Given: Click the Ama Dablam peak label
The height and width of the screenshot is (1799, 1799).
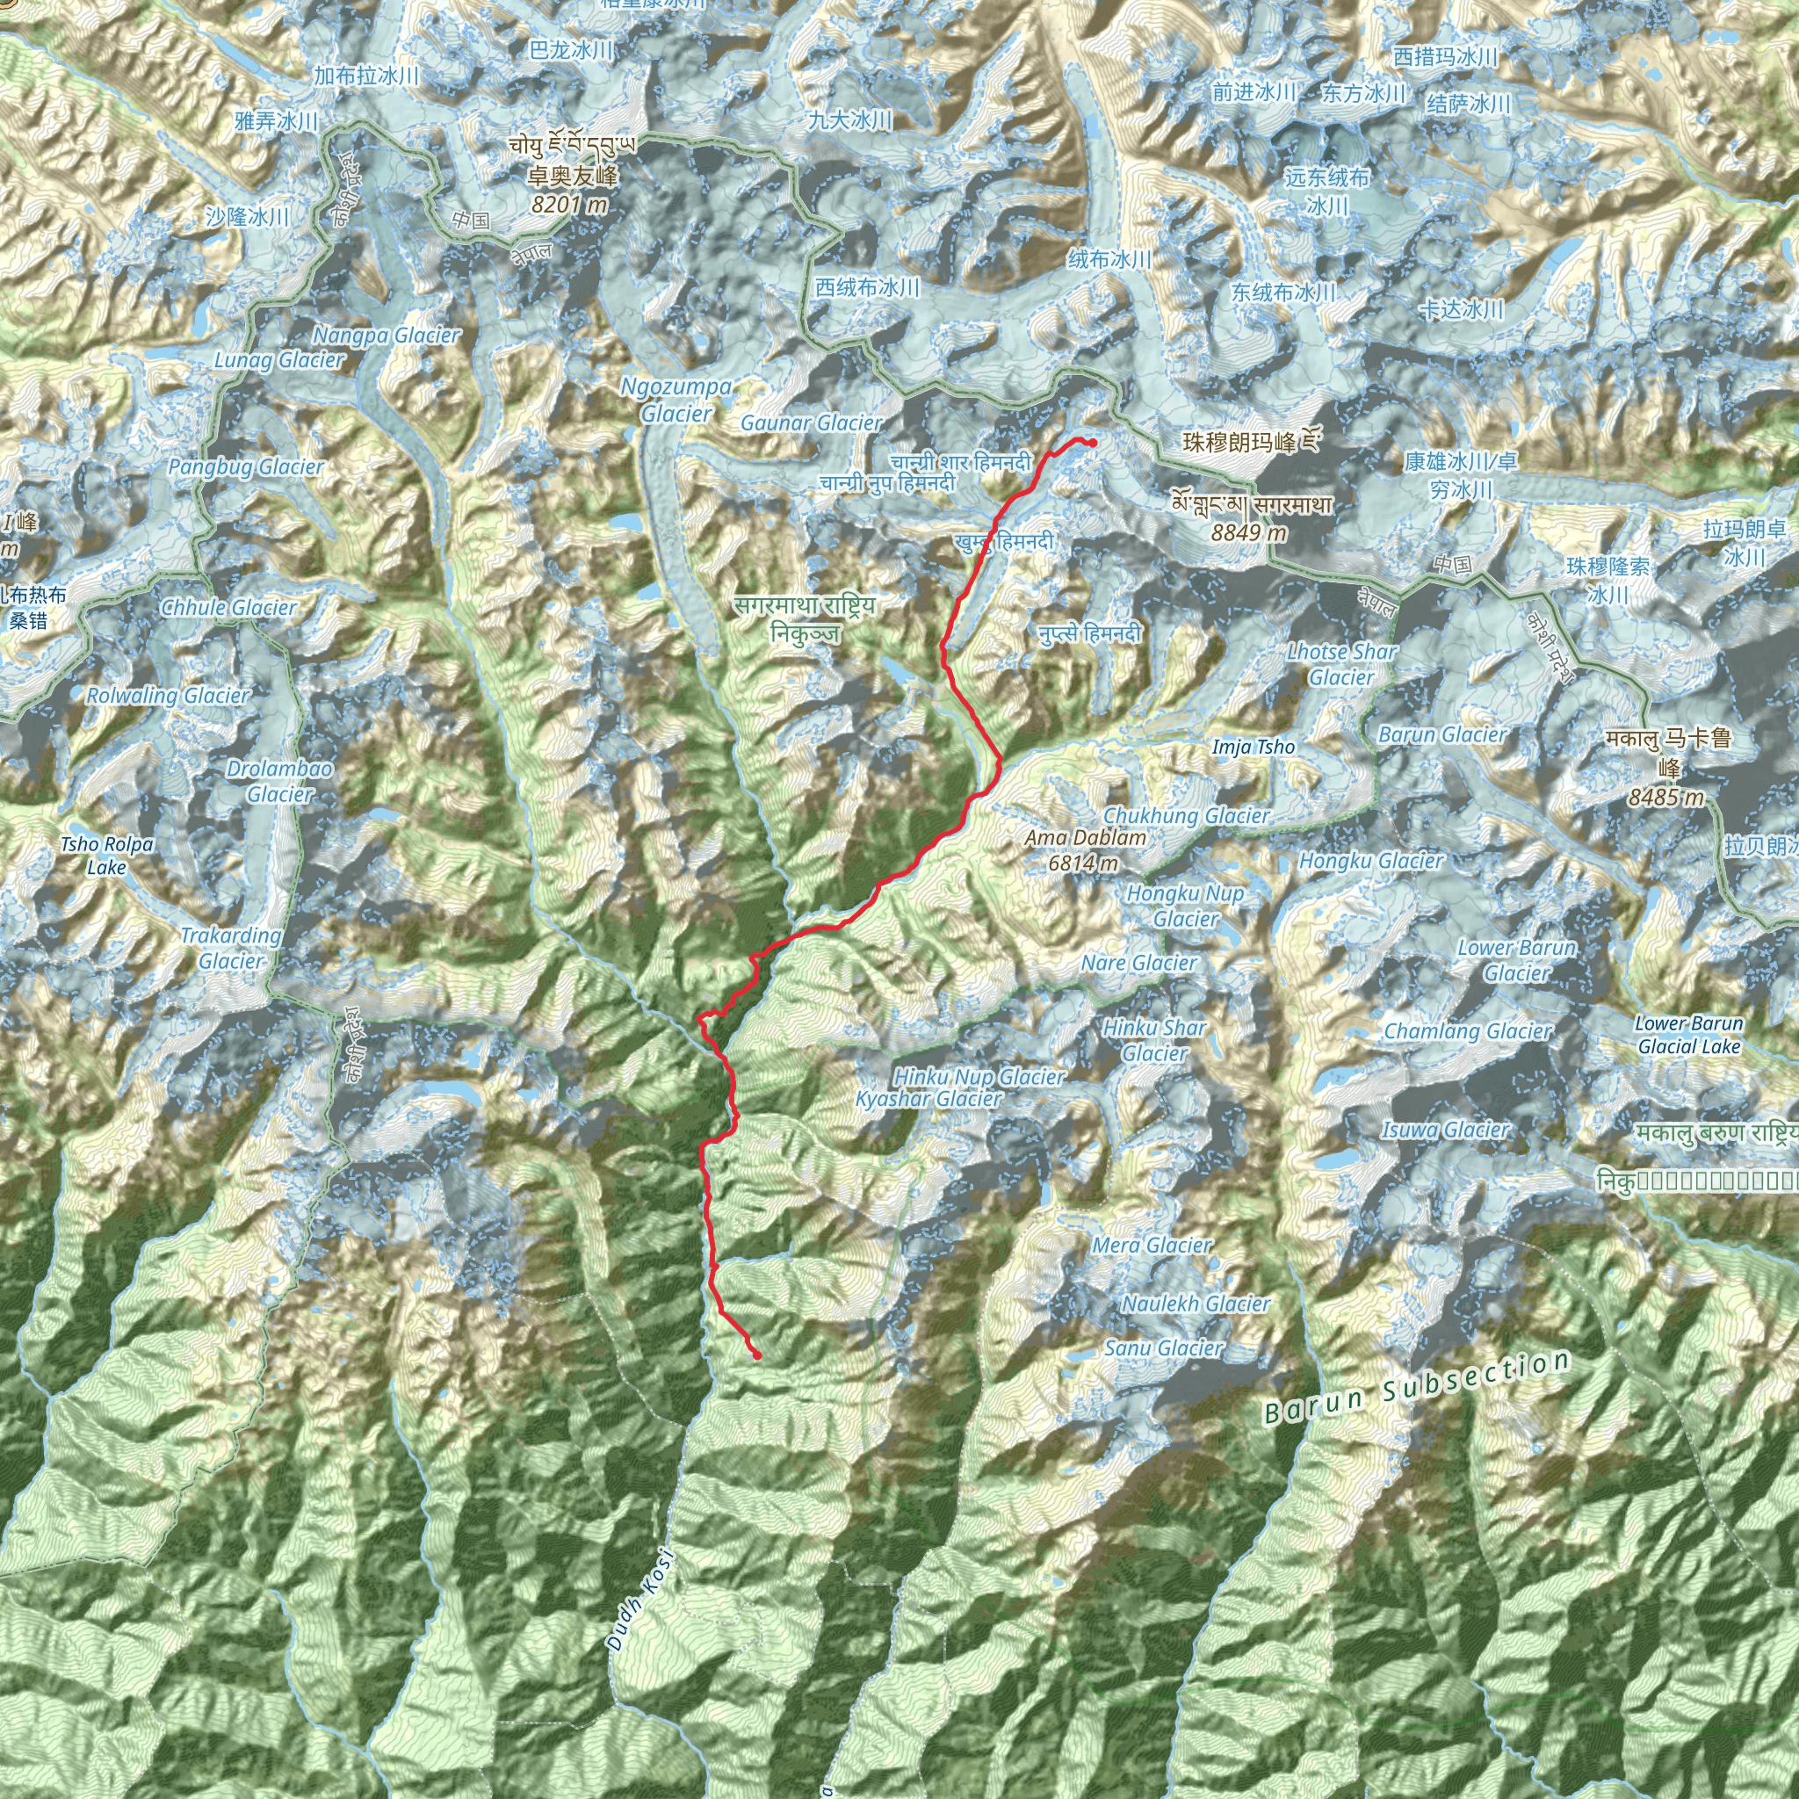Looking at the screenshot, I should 1085,837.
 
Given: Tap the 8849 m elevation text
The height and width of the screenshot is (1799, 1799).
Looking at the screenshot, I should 1249,532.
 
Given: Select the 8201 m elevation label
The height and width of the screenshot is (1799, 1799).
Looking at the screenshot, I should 569,204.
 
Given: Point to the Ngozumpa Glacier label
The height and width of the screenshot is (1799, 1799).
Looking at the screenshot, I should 676,400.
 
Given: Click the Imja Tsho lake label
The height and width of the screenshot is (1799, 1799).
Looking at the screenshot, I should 1254,747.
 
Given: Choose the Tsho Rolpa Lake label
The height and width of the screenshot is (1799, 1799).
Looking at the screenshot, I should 107,856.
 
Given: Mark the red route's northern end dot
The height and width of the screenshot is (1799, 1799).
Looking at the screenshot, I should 1092,444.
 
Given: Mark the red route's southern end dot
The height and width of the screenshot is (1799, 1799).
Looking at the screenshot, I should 757,1355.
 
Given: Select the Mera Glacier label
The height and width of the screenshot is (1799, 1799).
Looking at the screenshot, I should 1152,1245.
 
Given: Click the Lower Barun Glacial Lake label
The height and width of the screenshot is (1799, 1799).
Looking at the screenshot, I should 1688,1035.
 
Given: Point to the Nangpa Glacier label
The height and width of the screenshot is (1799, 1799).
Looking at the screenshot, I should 387,336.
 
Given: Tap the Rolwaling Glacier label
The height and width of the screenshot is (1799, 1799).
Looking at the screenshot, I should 168,696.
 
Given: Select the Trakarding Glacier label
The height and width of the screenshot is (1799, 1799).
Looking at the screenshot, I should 231,948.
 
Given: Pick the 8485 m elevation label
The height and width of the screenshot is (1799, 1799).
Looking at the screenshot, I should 1665,797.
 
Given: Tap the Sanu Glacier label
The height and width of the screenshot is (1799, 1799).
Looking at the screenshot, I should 1163,1347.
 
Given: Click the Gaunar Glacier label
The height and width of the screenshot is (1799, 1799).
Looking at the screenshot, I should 811,423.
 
